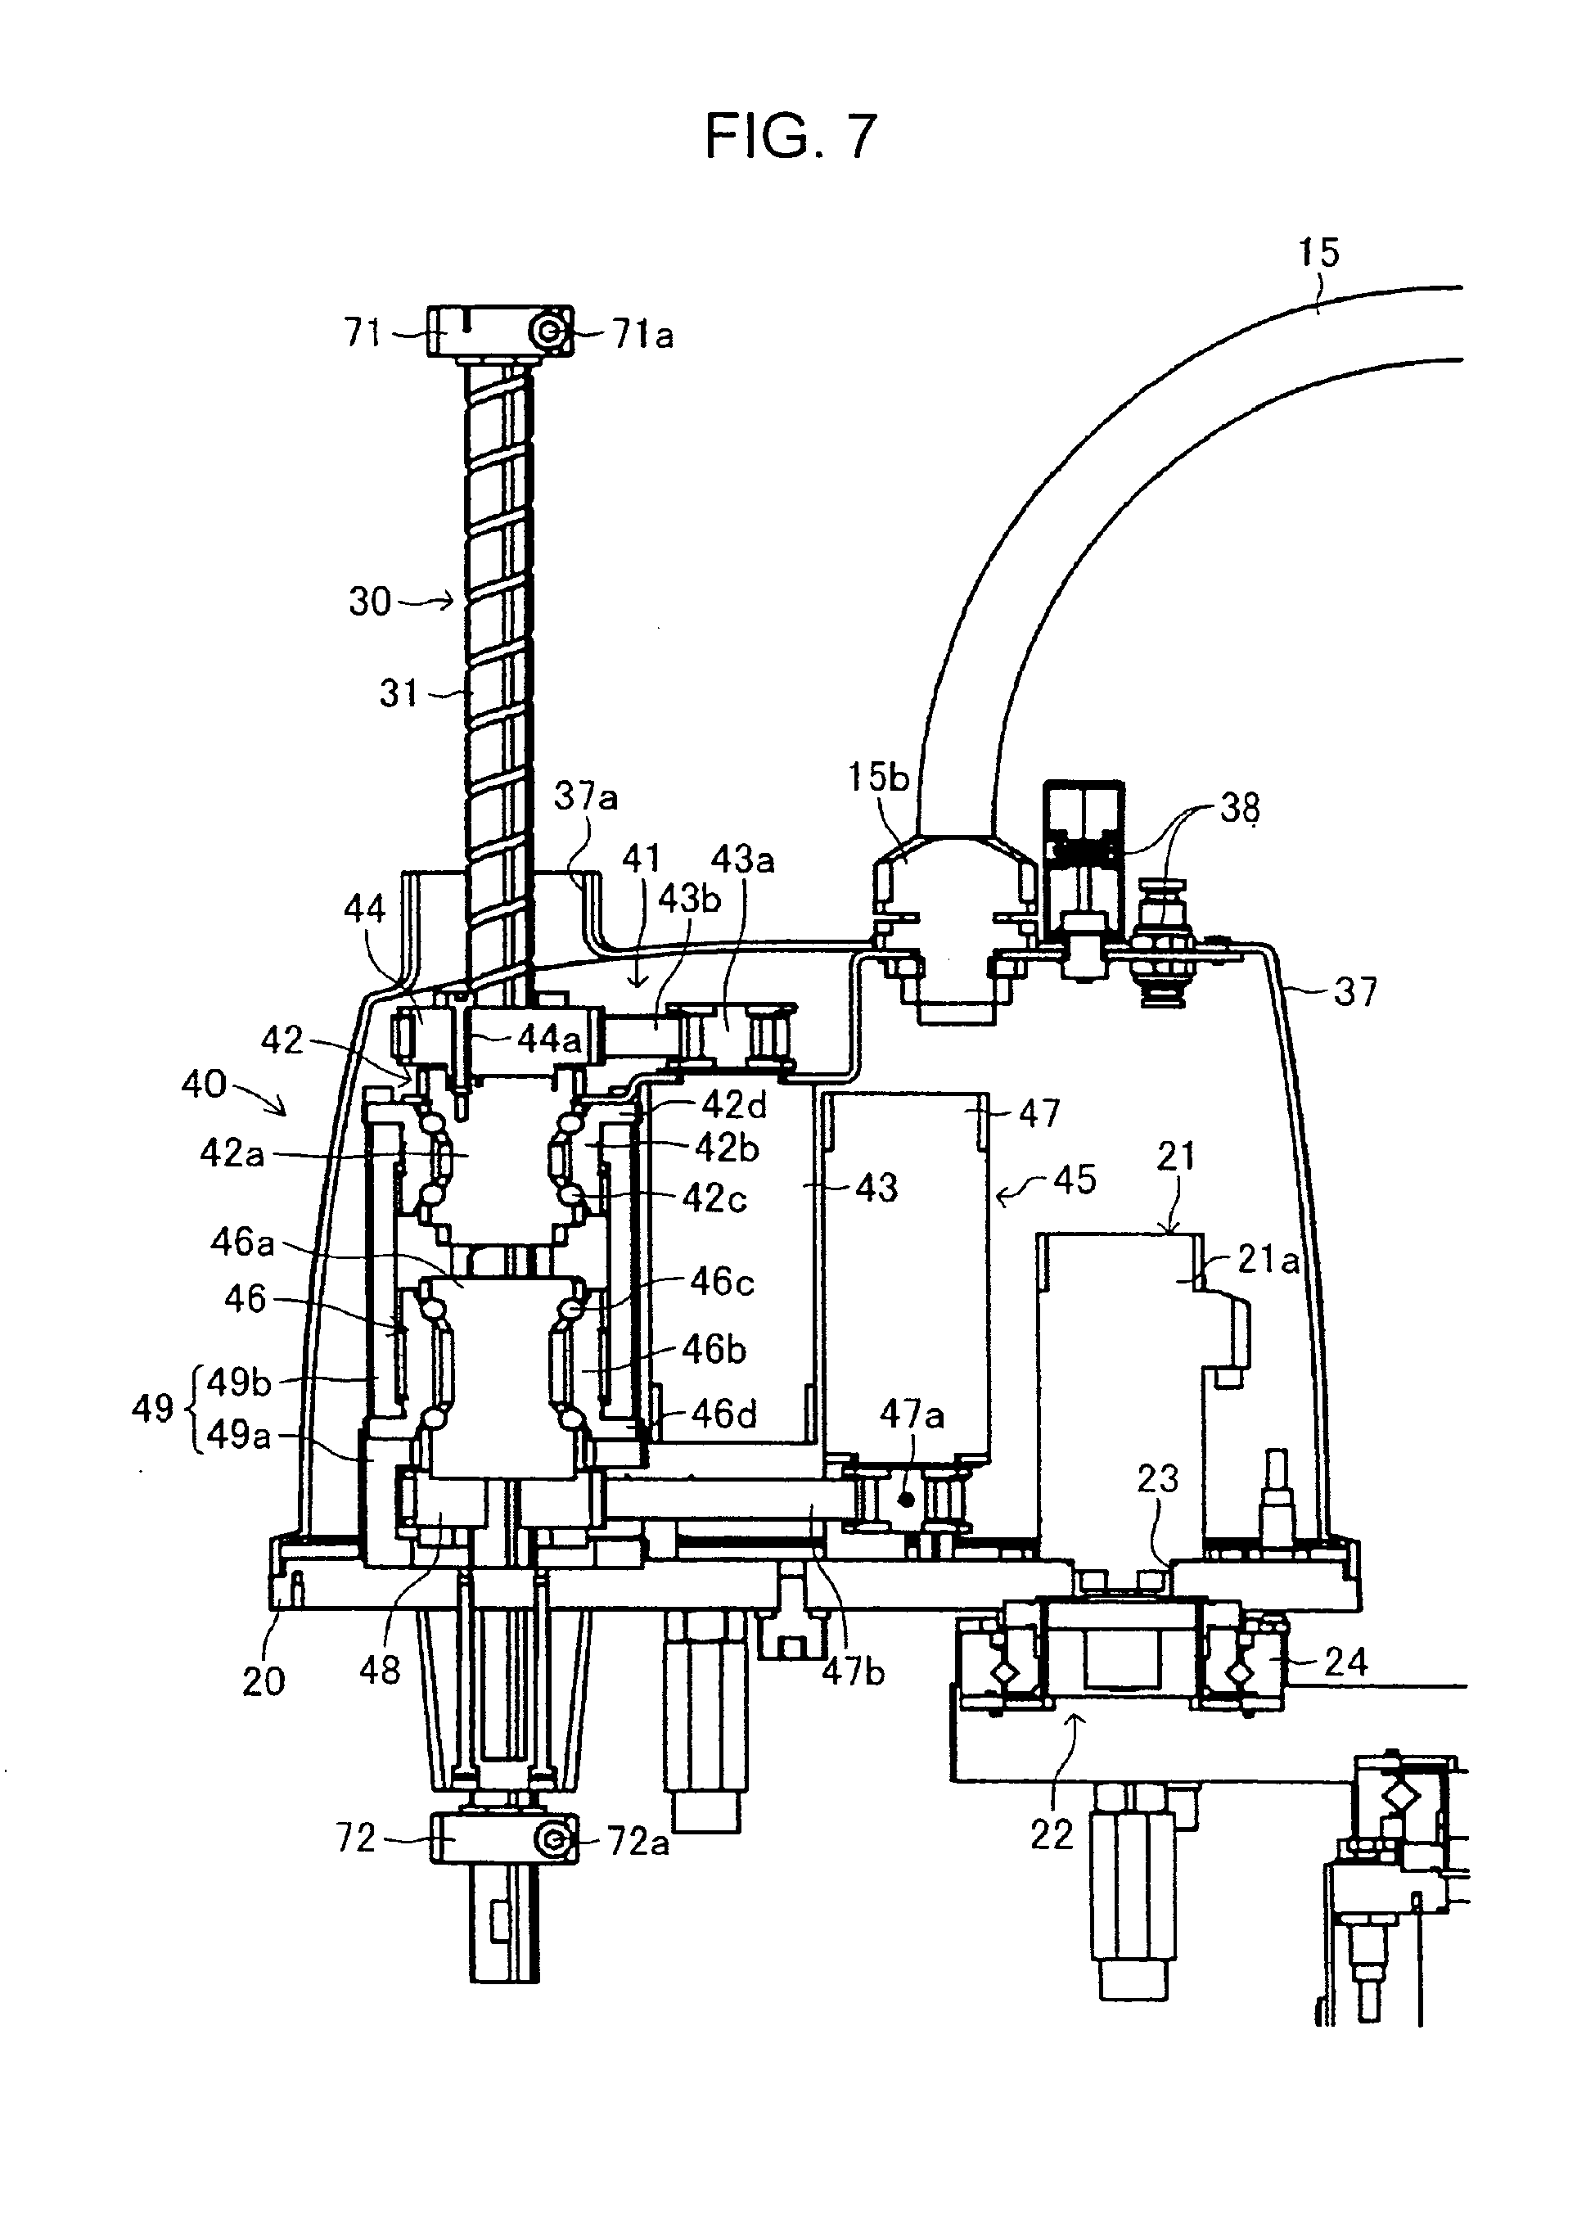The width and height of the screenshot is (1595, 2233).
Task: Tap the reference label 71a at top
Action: [643, 336]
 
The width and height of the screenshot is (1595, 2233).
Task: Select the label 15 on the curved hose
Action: [1318, 254]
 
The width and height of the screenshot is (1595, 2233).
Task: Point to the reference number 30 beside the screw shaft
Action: [370, 602]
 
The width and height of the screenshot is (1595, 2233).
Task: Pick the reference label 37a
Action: [585, 796]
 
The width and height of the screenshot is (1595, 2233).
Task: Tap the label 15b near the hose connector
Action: [879, 778]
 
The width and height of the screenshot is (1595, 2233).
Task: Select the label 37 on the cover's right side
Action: [1355, 992]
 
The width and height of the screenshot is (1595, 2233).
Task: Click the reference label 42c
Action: [715, 1198]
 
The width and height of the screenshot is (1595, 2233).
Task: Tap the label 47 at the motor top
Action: [1039, 1113]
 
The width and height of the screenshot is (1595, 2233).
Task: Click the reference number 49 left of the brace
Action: [152, 1410]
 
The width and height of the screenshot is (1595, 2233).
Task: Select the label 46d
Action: [725, 1414]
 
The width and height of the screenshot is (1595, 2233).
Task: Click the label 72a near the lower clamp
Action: [638, 1842]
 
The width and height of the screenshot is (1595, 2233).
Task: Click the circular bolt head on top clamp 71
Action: [546, 334]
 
